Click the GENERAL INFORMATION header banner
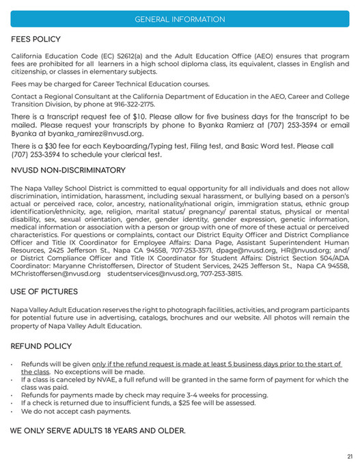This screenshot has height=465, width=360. [x=180, y=19]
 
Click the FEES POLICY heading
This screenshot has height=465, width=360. [x=36, y=40]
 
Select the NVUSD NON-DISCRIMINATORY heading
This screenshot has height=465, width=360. [x=68, y=170]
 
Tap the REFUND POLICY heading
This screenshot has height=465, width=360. [x=42, y=346]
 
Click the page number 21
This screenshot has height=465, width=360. [x=349, y=456]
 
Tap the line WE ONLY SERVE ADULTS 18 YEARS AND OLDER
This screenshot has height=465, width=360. [x=98, y=432]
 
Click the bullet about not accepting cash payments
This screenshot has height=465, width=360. [x=75, y=411]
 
